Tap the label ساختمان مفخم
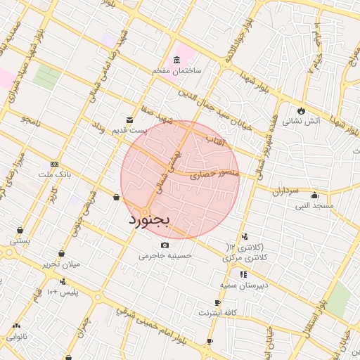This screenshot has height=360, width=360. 177,71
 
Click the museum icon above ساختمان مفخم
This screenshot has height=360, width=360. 176,60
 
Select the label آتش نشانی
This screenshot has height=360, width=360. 302,121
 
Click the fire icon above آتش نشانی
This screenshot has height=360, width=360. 302,110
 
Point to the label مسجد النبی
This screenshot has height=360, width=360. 314,205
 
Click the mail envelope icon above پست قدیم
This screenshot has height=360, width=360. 129,120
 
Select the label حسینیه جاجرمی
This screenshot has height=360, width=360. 165,256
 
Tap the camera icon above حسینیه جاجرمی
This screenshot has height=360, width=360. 165,245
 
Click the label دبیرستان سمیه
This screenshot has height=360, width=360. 243,285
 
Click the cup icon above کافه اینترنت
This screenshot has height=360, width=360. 218,303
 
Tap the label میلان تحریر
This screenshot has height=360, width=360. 62,264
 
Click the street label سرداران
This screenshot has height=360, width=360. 286,191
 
